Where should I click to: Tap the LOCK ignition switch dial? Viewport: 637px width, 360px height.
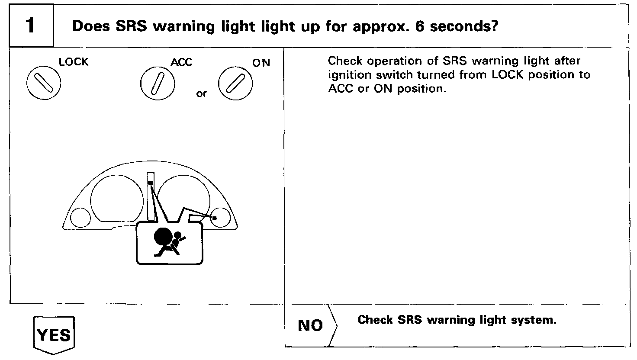click(x=44, y=82)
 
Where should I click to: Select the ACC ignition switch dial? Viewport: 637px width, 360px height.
click(x=158, y=83)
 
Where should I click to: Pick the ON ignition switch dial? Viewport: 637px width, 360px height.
click(x=235, y=83)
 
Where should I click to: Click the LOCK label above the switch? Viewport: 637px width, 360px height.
click(x=74, y=62)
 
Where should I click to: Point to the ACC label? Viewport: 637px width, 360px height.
click(x=181, y=63)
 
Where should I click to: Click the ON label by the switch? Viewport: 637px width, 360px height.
click(x=261, y=63)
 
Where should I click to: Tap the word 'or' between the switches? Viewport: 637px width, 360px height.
click(x=202, y=94)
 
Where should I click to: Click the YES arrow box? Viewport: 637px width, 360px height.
click(x=54, y=335)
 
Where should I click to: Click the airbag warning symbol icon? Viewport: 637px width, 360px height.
click(x=168, y=243)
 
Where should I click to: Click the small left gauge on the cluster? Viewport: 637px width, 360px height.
click(x=80, y=217)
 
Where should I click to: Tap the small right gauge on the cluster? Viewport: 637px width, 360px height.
click(x=221, y=217)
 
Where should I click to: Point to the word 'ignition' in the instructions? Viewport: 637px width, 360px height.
click(x=349, y=75)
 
